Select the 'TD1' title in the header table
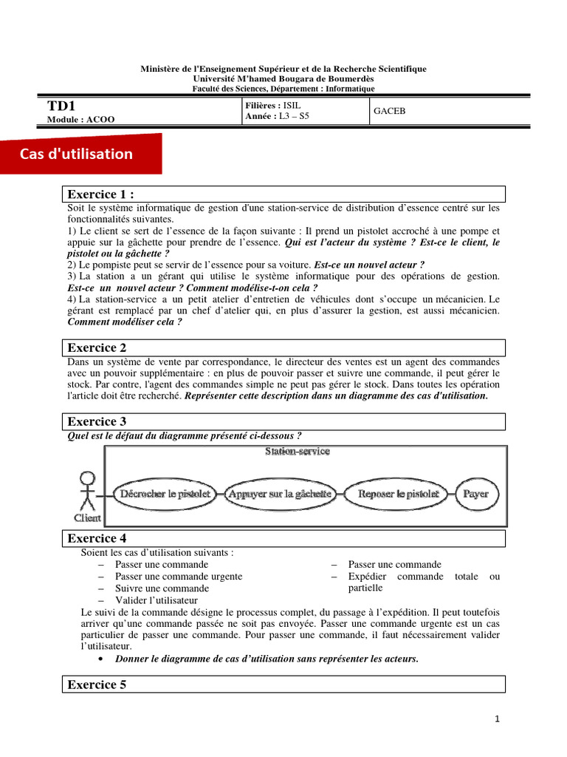(61, 106)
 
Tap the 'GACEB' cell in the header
(390, 112)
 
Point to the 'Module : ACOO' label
(80, 119)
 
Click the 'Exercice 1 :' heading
(101, 194)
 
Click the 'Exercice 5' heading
(97, 685)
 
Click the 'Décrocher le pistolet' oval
(162, 493)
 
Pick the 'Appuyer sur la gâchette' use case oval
(280, 493)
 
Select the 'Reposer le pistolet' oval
(398, 493)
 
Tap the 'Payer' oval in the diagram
(475, 493)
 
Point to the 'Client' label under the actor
(87, 517)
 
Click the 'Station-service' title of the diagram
(298, 451)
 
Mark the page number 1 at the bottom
(498, 719)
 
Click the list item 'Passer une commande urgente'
(179, 577)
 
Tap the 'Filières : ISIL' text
(272, 106)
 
